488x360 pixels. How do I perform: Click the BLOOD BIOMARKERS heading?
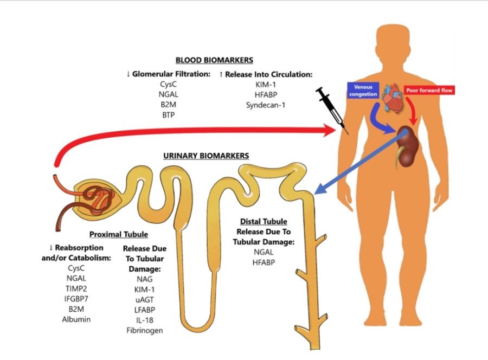pos(214,60)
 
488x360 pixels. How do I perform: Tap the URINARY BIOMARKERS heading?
pos(206,156)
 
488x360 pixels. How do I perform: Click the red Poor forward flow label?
pos(430,91)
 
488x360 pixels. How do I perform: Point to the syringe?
pos(331,108)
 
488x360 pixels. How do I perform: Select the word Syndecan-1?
pos(266,104)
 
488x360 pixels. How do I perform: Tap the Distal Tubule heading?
pos(263,222)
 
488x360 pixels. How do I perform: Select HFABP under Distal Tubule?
pos(263,262)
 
